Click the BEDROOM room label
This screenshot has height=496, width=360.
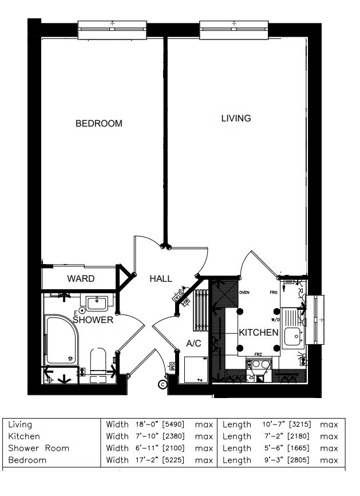click(x=98, y=123)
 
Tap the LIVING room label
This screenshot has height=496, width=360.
click(x=236, y=118)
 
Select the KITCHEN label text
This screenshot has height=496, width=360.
click(x=258, y=332)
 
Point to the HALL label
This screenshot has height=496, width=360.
click(x=161, y=279)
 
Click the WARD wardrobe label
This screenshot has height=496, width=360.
click(x=81, y=279)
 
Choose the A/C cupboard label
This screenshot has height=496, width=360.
click(x=193, y=344)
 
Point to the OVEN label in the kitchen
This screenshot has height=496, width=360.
click(x=244, y=293)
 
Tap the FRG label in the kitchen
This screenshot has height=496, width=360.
click(x=274, y=293)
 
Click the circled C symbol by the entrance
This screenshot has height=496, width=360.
click(x=162, y=384)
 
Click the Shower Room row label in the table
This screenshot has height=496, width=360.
click(x=38, y=448)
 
